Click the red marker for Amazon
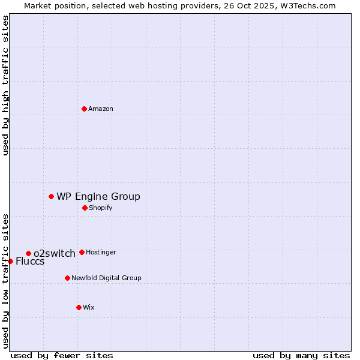click(x=84, y=109)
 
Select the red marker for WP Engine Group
click(x=51, y=196)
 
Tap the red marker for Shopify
click(x=85, y=208)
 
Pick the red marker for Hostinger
click(x=82, y=252)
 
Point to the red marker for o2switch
click(x=28, y=253)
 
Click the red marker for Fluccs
click(x=10, y=261)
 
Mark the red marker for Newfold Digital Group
click(x=67, y=278)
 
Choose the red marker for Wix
click(x=79, y=307)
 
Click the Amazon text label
click(x=101, y=109)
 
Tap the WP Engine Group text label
click(x=98, y=196)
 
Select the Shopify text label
click(x=100, y=208)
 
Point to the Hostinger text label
click(x=101, y=252)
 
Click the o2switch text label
click(x=55, y=253)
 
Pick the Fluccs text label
click(x=30, y=261)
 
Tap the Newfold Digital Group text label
click(x=106, y=278)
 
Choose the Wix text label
click(x=89, y=307)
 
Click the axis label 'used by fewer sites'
click(x=62, y=355)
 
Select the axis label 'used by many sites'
click(x=301, y=355)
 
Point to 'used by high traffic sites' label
click(x=5, y=85)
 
